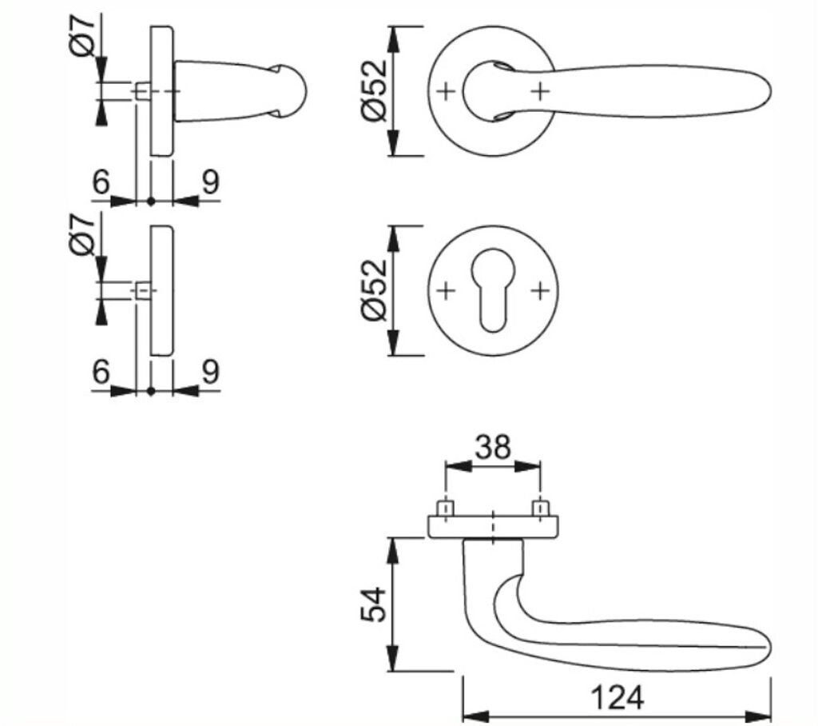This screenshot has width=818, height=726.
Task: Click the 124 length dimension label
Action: coord(616,697)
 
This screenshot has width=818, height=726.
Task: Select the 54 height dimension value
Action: coord(373,605)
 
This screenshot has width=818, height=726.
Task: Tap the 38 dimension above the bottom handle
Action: coord(492,447)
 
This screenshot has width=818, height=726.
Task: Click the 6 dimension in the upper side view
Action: coord(101,182)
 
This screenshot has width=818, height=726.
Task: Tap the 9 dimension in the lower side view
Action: coord(209,372)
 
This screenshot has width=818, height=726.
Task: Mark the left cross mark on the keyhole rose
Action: coord(446,290)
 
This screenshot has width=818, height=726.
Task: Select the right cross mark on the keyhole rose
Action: coord(541,290)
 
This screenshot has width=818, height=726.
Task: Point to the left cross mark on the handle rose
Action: coord(446,91)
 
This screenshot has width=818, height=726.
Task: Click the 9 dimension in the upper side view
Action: coord(209,182)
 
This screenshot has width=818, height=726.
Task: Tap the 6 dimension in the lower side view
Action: coord(101,372)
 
